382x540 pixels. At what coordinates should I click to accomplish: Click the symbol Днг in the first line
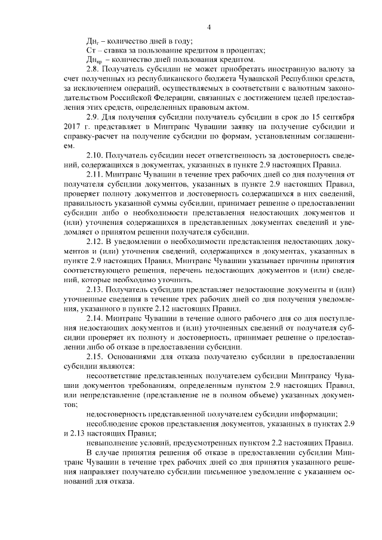92,41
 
